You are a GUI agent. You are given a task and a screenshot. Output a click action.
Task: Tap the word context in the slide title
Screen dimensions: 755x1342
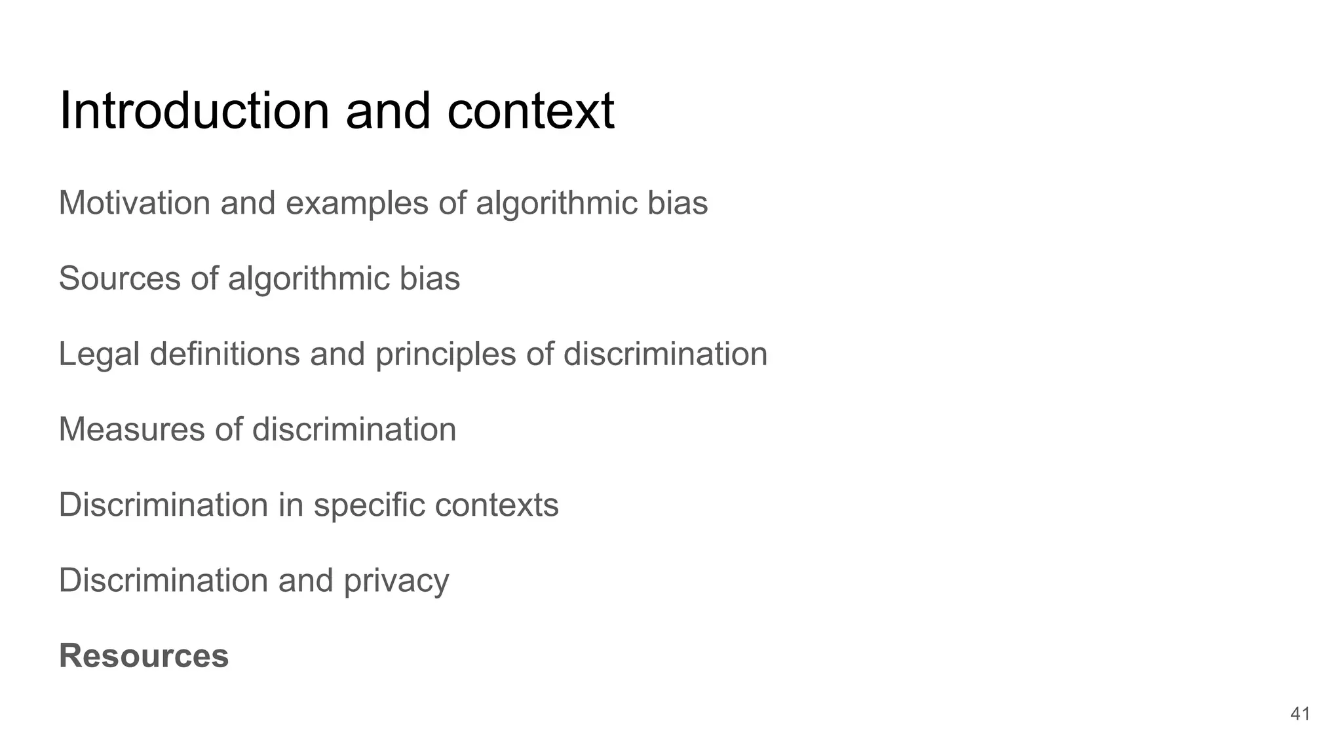[x=531, y=111]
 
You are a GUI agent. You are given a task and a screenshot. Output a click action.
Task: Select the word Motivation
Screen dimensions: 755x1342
[x=134, y=203]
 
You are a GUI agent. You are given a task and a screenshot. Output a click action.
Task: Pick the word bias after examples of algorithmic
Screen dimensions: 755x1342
[x=678, y=203]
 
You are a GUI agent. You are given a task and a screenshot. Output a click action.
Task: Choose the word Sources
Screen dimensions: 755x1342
[x=119, y=278]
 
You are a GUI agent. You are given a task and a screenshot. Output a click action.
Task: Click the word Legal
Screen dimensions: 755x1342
[x=99, y=355]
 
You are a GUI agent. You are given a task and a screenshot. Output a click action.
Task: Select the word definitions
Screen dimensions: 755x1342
[x=224, y=354]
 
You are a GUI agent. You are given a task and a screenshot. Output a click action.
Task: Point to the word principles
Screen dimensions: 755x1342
[x=446, y=355]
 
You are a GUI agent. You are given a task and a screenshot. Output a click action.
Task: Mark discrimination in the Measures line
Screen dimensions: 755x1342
[x=354, y=429]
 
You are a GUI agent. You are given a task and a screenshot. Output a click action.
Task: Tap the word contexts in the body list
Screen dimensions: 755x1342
[x=497, y=505]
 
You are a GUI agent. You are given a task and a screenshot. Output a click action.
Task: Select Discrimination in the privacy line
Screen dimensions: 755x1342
[x=163, y=580]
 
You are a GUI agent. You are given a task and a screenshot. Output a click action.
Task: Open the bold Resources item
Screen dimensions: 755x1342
[x=144, y=656]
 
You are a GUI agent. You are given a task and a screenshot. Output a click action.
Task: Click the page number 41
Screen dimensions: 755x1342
[x=1299, y=714]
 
